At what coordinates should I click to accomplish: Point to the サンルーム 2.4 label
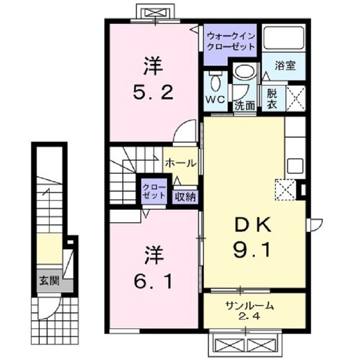pos(249,310)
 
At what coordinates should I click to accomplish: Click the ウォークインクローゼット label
pos(231,40)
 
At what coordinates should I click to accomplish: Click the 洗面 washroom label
pos(245,104)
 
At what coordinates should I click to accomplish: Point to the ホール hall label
pos(180,164)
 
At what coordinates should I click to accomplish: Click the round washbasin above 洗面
pos(245,72)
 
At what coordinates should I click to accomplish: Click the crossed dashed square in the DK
pos(285,189)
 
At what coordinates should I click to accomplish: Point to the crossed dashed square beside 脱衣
pos(295,97)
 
